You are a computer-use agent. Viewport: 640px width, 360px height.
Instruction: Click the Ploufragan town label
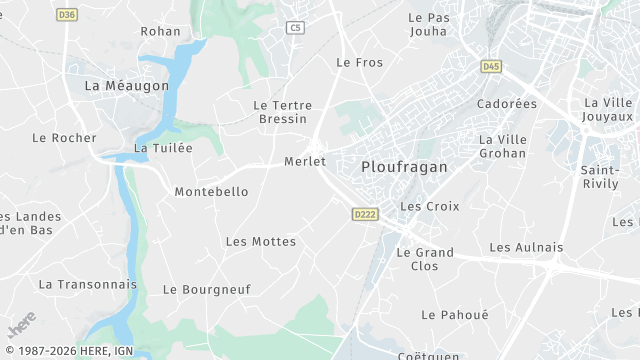point(404,167)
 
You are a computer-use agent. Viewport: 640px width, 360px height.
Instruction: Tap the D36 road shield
point(67,15)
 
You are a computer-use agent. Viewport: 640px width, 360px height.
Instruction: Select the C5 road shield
point(294,28)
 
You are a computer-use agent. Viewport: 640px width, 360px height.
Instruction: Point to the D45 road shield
point(490,67)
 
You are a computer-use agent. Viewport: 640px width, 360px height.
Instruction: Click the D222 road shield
point(364,214)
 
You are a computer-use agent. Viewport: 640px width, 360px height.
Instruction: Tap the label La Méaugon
point(127,87)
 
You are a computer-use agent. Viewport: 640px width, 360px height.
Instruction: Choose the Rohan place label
point(161,31)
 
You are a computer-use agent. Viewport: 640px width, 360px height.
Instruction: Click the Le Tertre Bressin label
point(282,112)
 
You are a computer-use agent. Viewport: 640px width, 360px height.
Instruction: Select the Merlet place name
point(305,161)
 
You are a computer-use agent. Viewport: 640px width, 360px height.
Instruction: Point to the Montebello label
point(211,191)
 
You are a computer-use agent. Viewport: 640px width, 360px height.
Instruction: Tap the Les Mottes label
point(261,241)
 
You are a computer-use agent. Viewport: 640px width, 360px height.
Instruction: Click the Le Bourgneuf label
point(207,289)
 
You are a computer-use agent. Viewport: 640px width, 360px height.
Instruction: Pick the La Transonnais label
point(87,284)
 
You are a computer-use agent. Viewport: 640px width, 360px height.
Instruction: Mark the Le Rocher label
point(64,138)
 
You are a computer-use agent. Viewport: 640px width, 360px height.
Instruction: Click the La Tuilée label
point(163,148)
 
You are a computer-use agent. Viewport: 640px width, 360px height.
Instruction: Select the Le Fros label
point(359,62)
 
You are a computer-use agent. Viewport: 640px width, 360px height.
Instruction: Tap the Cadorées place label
point(507,104)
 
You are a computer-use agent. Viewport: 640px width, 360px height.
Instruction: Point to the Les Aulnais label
point(526,247)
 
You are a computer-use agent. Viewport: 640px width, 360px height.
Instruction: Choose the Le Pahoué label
point(455,314)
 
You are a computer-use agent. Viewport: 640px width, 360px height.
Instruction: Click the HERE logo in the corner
point(22,325)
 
